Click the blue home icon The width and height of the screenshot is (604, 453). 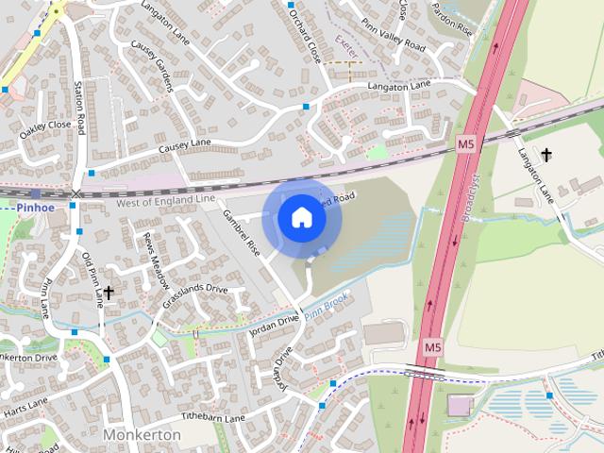302,218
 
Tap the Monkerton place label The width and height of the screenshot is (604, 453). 142,434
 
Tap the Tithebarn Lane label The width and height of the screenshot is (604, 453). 213,416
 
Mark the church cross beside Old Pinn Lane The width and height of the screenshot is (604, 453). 109,294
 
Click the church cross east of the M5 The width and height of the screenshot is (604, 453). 545,155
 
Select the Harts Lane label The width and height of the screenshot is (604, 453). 25,408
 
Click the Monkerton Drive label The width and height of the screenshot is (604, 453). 28,358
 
